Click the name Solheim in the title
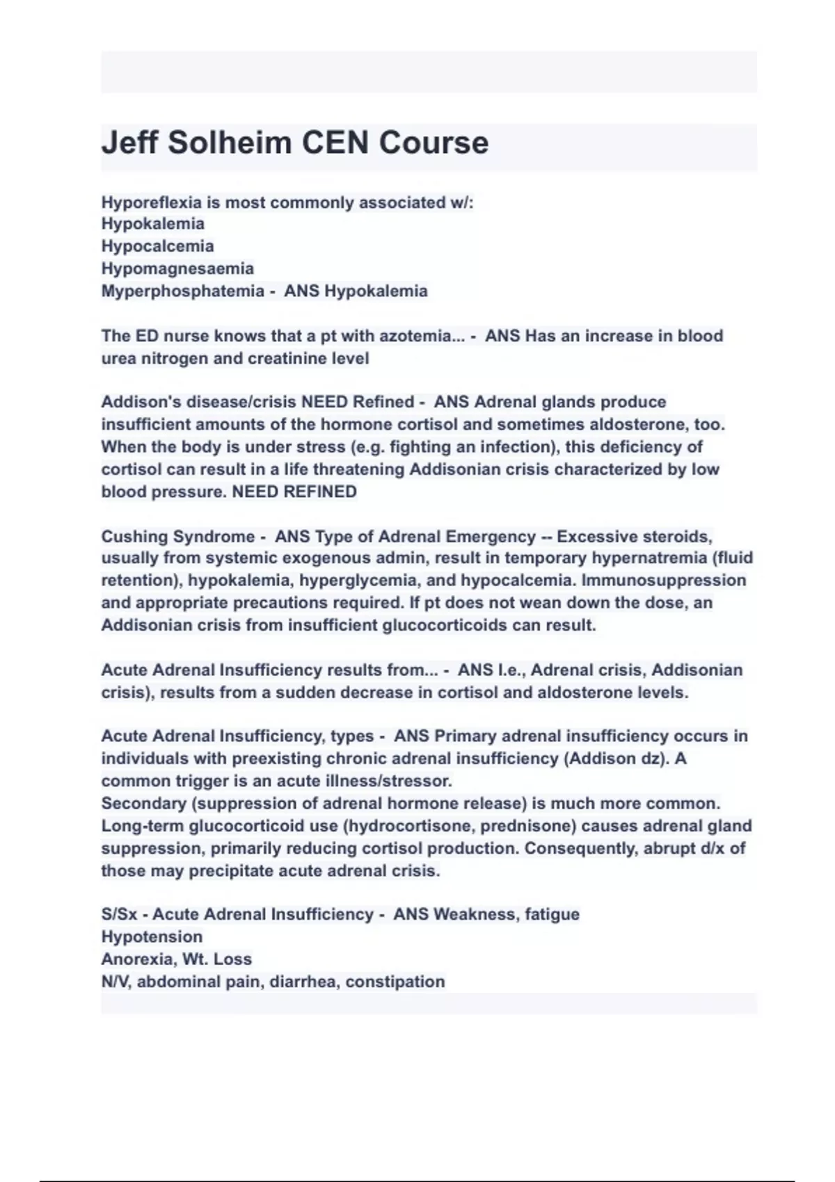[229, 143]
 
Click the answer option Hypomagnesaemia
[177, 268]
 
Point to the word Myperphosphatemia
[182, 291]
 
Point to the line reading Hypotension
[152, 937]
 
